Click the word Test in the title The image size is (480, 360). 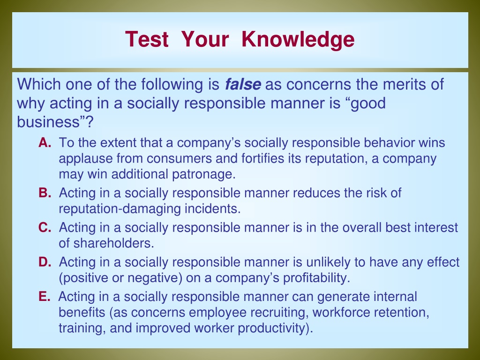pos(147,39)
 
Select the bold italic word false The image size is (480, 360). pos(243,84)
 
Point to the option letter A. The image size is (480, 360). pos(45,142)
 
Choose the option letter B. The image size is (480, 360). pos(45,193)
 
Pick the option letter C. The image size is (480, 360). pos(45,227)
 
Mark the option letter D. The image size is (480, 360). pos(45,262)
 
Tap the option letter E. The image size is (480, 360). pos(45,297)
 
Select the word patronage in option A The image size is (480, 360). pos(204,175)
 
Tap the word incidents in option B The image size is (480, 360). pos(212,209)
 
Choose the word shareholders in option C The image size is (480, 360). pos(113,243)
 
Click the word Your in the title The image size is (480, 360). pos(205,39)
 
